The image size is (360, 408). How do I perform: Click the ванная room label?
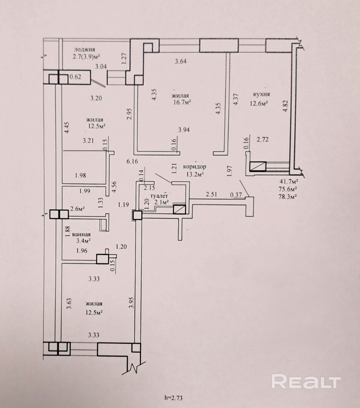pos(81,234)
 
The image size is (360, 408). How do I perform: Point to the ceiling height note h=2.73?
pos(174,398)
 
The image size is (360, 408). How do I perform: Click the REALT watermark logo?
pos(306,381)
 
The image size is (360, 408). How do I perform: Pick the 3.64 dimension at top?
pos(181,62)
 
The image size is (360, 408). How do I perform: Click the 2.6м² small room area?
pos(78,209)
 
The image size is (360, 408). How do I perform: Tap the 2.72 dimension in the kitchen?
pos(263,140)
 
